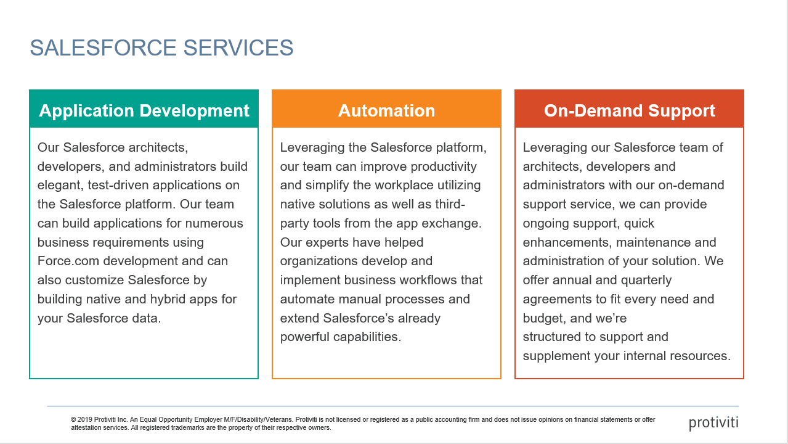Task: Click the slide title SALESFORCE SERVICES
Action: (x=161, y=48)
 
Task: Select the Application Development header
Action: (x=144, y=110)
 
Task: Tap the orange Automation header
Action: (x=386, y=110)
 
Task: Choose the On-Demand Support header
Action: (x=629, y=110)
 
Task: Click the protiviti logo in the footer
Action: (x=713, y=423)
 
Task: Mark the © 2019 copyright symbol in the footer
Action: (x=73, y=419)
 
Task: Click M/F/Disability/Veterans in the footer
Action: (x=242, y=419)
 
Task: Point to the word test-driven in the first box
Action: (x=121, y=185)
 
